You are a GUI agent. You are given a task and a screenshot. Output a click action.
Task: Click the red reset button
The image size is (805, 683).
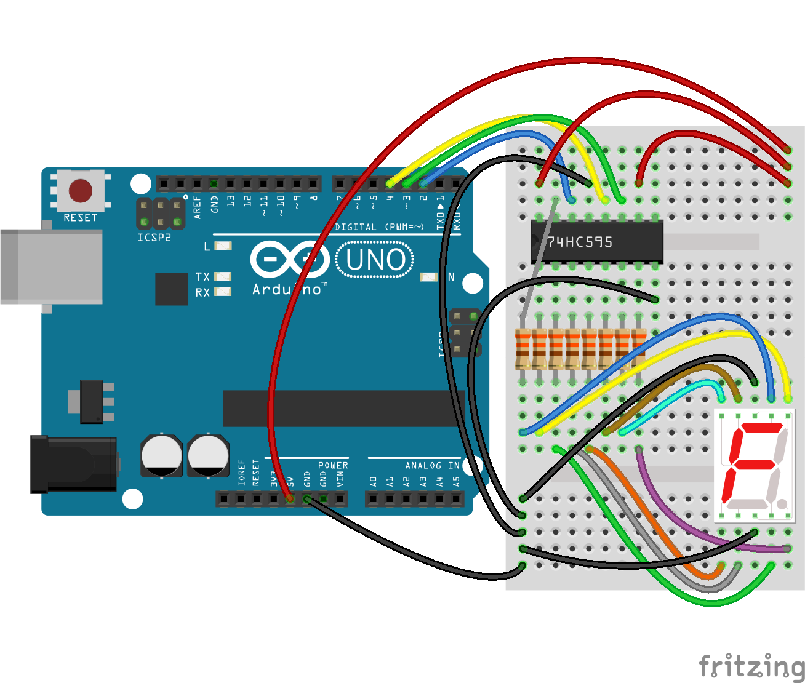click(x=81, y=191)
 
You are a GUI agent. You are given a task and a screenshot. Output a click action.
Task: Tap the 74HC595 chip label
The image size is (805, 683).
click(x=580, y=242)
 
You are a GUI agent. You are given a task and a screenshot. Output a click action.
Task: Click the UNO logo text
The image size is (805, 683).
click(x=375, y=260)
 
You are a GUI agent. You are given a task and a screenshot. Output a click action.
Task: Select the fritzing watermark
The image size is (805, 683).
click(x=751, y=666)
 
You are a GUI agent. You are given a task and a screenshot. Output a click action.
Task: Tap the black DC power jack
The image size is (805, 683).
click(x=74, y=465)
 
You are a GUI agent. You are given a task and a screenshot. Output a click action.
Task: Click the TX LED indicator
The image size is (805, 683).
click(x=223, y=277)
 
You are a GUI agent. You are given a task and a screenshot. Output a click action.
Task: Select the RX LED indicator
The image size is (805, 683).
click(x=223, y=292)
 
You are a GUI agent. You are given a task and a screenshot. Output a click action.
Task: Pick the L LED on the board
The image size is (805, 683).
click(x=223, y=246)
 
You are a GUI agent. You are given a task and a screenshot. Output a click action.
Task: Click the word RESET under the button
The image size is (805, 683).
click(x=81, y=218)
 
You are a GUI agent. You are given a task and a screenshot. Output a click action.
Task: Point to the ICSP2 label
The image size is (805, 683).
click(x=154, y=238)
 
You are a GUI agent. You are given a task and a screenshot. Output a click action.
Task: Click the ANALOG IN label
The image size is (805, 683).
click(x=432, y=466)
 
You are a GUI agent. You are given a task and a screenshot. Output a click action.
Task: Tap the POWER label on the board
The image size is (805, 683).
click(x=333, y=466)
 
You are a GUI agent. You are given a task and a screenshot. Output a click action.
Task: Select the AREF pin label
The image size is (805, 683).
click(x=198, y=207)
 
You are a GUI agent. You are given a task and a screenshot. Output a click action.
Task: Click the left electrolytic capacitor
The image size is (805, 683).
click(x=161, y=456)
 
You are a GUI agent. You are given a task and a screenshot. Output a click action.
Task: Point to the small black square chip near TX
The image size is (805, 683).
click(x=171, y=289)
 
